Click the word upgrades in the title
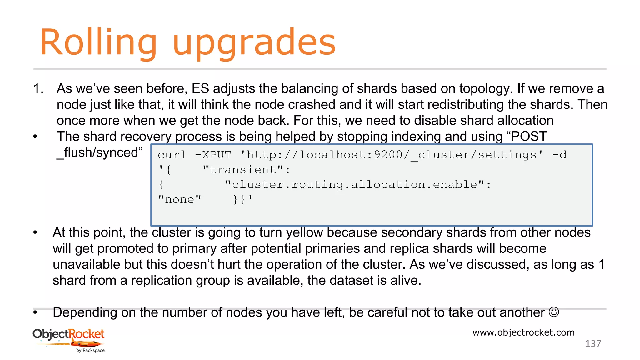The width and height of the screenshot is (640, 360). point(254,44)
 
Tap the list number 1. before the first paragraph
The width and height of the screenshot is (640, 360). point(38,89)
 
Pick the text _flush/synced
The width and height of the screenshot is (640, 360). point(97,153)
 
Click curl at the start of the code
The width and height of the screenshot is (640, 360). point(172,155)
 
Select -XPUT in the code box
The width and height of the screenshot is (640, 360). point(213,155)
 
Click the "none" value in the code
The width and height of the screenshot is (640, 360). point(180,200)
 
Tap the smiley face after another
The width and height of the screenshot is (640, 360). point(554,312)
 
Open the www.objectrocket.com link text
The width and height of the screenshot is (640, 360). point(523,332)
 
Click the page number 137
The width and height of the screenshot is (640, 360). point(593,344)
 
